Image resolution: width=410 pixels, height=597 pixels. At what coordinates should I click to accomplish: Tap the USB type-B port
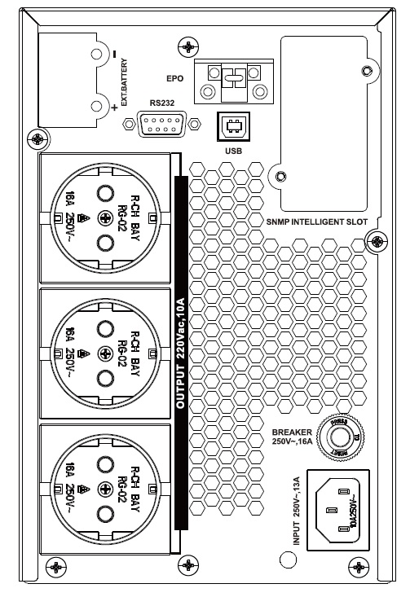point(230,126)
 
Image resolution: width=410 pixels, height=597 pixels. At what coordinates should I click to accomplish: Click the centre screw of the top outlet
point(104,217)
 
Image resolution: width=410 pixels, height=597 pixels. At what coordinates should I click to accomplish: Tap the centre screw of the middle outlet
point(104,352)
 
